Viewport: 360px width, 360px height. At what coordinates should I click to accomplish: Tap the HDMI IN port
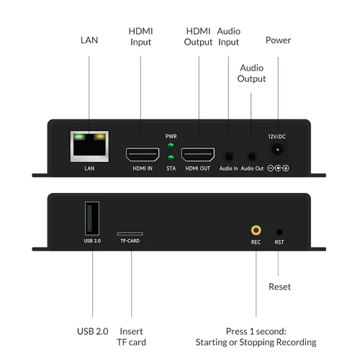(x=143, y=154)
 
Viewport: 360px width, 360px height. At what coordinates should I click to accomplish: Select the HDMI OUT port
(x=198, y=154)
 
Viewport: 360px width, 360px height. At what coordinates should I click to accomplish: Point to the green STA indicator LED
(x=171, y=157)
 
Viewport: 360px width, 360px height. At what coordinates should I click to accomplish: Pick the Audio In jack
(x=229, y=155)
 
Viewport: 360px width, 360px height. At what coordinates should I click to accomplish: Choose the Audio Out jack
(x=252, y=155)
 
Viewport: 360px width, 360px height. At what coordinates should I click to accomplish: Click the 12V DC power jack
(x=277, y=150)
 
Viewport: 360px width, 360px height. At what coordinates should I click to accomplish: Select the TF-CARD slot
(x=130, y=233)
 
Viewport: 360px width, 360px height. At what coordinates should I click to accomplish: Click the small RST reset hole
(x=279, y=232)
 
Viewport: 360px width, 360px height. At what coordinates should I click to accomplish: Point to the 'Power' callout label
(x=278, y=40)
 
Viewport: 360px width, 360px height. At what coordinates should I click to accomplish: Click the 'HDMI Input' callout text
(x=141, y=37)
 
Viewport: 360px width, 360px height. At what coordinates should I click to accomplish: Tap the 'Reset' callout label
(x=279, y=287)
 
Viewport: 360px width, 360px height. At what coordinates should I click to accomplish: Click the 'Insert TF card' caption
(x=132, y=336)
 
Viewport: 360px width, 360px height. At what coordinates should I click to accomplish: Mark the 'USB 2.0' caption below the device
(x=92, y=331)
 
